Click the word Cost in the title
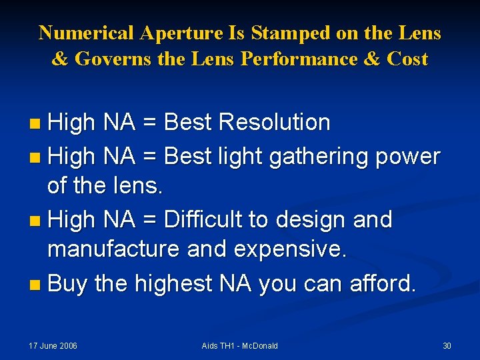point(407,59)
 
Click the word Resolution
point(274,123)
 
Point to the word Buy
point(68,283)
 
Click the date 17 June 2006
point(53,345)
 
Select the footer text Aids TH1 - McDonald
point(239,345)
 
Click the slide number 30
point(447,345)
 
